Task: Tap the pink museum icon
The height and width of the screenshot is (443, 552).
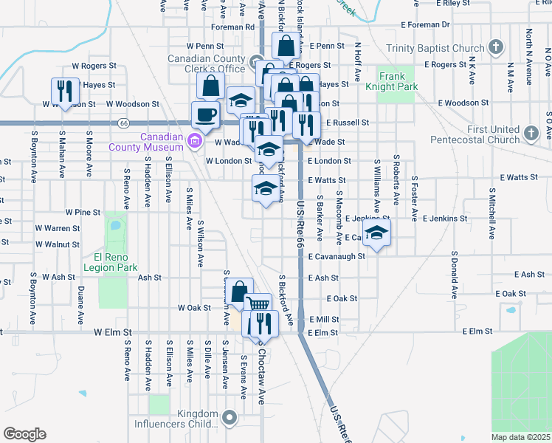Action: pyautogui.click(x=195, y=141)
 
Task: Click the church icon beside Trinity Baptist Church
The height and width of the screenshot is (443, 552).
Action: pyautogui.click(x=496, y=49)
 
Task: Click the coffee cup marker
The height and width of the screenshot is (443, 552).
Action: pyautogui.click(x=205, y=114)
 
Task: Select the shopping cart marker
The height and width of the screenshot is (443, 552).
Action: pyautogui.click(x=258, y=305)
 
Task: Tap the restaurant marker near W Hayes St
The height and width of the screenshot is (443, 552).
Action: pyautogui.click(x=64, y=92)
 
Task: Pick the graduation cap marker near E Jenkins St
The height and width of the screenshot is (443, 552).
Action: pyautogui.click(x=376, y=234)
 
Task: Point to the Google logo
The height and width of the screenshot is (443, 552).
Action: pyautogui.click(x=24, y=434)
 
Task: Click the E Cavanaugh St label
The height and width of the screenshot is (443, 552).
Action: pyautogui.click(x=337, y=256)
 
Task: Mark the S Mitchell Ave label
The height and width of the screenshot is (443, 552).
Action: pyautogui.click(x=491, y=213)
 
